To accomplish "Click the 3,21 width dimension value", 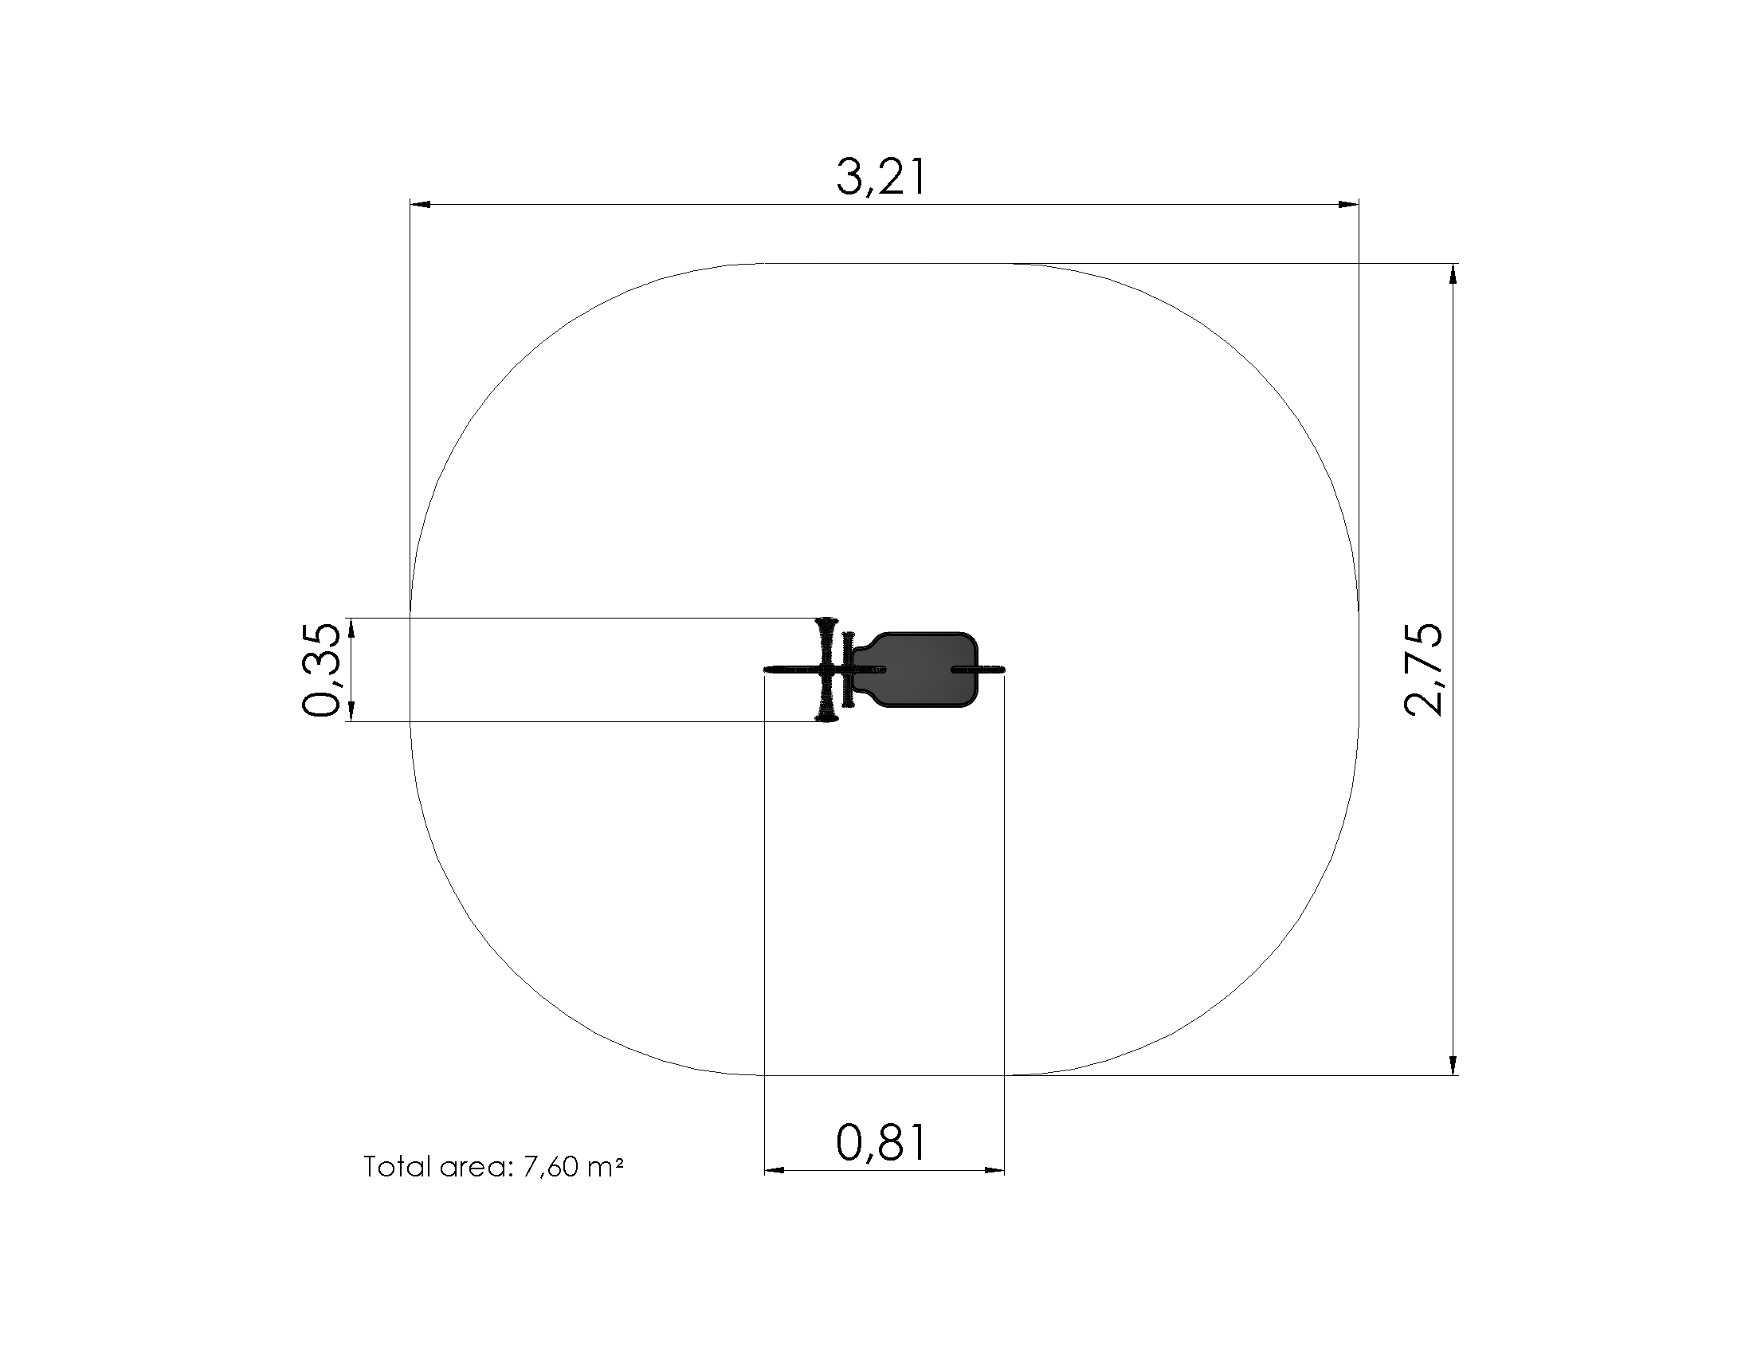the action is pos(881,178).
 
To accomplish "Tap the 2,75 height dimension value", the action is pos(1424,670).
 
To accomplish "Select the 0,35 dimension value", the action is pos(322,670).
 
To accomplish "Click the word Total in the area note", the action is pos(398,1166).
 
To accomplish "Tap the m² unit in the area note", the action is pos(606,1166).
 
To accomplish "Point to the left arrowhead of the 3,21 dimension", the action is pos(420,205).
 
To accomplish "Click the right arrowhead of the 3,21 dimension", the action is pos(1348,205).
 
